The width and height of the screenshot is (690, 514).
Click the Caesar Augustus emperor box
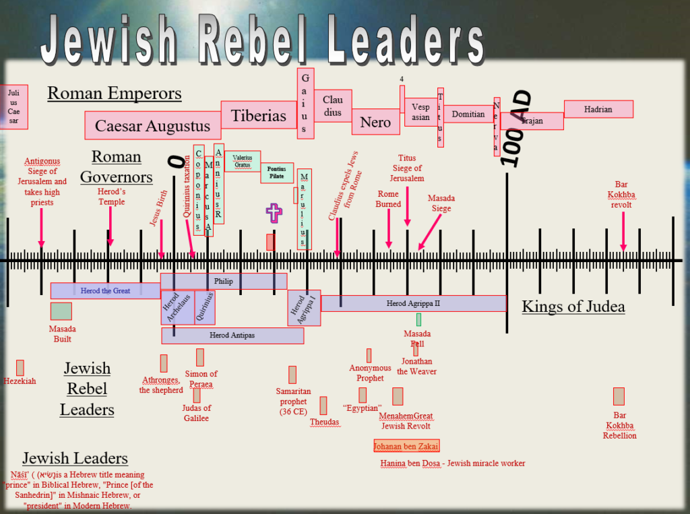click(152, 126)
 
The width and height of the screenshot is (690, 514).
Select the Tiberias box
click(259, 115)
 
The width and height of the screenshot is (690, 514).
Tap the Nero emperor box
click(375, 122)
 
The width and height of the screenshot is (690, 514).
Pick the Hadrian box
click(598, 109)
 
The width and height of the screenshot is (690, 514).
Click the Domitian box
click(468, 115)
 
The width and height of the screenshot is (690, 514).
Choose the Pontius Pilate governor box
click(277, 173)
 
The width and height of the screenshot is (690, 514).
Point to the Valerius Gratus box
click(242, 161)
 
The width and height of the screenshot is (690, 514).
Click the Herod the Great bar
click(105, 290)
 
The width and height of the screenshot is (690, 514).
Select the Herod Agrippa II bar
click(413, 303)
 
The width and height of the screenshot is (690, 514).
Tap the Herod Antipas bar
click(232, 335)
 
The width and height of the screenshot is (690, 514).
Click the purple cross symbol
click(274, 214)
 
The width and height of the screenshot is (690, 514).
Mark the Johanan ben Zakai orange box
click(406, 445)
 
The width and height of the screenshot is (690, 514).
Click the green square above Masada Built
click(61, 311)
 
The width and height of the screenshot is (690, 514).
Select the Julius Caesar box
click(13, 106)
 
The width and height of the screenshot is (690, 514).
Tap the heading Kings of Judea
click(573, 307)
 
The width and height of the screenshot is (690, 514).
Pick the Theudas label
click(324, 422)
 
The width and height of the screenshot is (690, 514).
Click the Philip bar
click(223, 282)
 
